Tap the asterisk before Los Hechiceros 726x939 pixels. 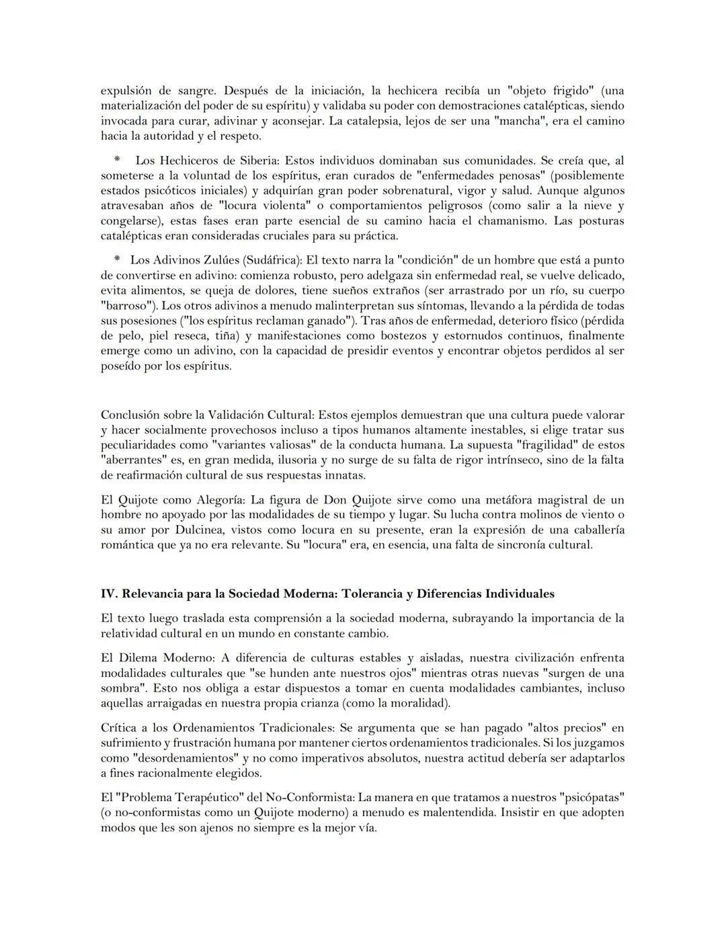pyautogui.click(x=117, y=161)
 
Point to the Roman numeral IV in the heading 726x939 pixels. pyautogui.click(x=108, y=594)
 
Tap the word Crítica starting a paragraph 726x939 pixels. pyautogui.click(x=119, y=728)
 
